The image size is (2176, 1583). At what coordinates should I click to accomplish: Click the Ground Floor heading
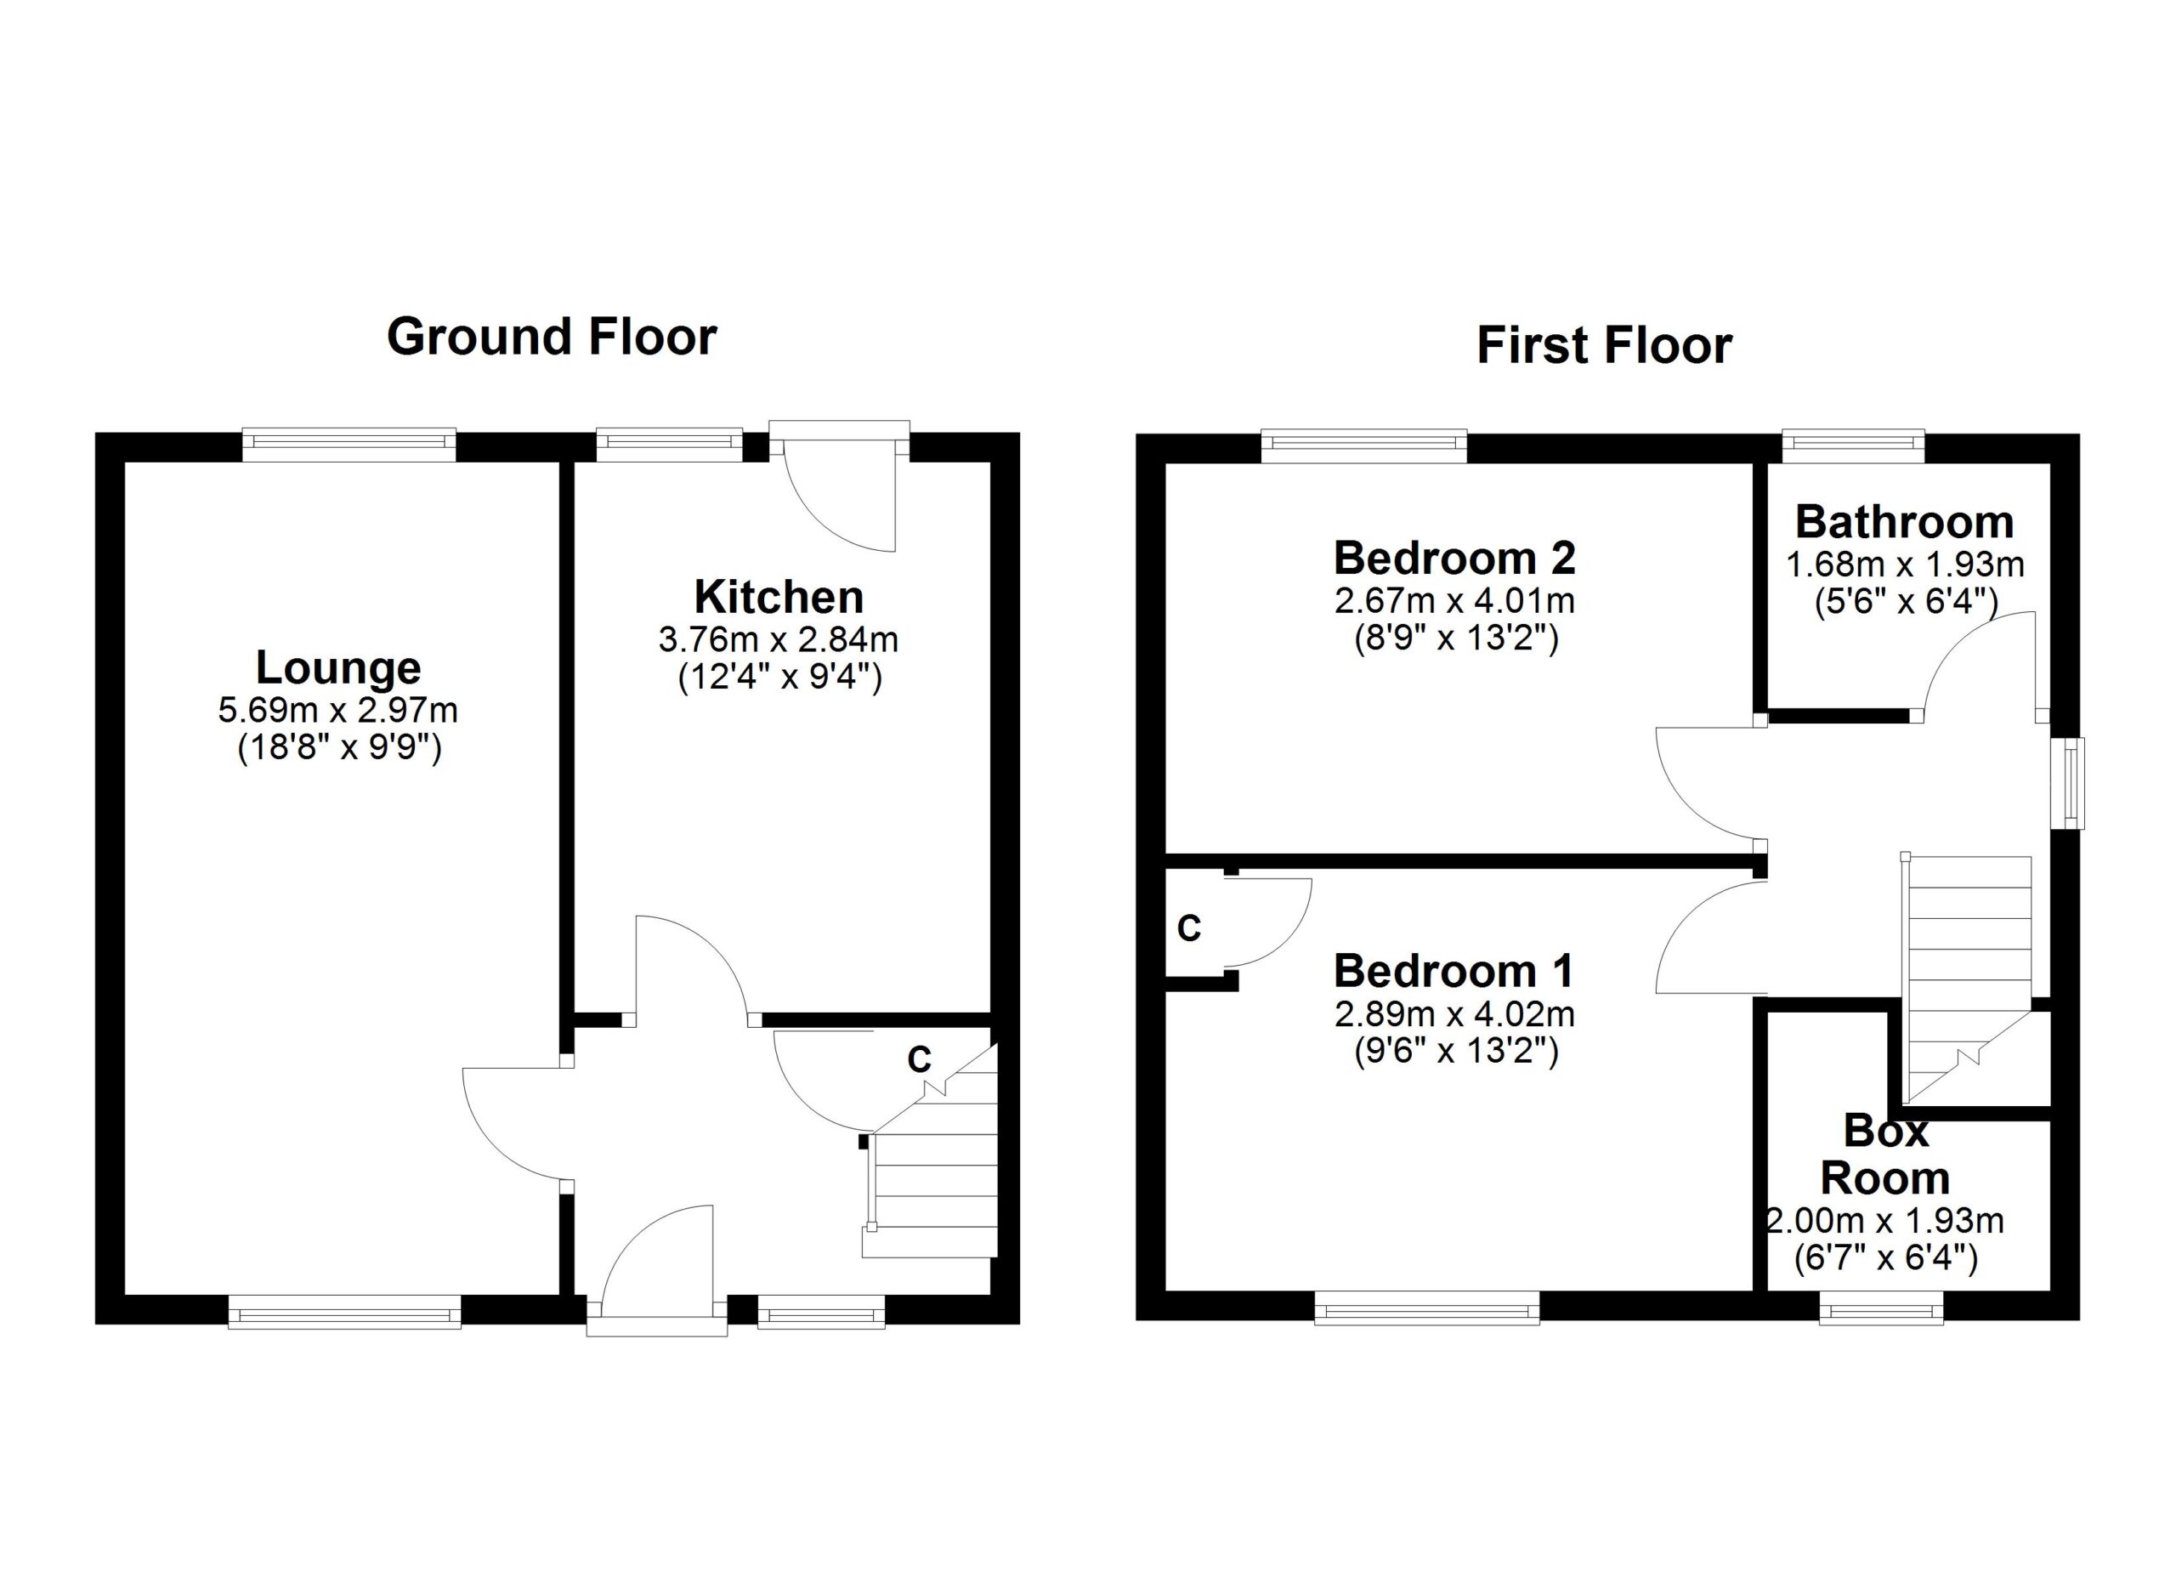click(552, 337)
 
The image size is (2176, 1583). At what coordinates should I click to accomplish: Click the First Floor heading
click(1603, 345)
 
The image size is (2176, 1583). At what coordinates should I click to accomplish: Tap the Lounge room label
click(337, 667)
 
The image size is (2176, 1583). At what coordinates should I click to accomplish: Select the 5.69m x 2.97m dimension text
click(337, 710)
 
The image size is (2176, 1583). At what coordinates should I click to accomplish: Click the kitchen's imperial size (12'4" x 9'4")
click(779, 678)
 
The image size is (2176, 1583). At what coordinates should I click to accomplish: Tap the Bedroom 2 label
click(1454, 558)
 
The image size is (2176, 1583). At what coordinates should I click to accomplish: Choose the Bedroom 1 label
click(1454, 971)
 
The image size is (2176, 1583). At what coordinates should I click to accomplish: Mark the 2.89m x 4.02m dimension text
click(1454, 1014)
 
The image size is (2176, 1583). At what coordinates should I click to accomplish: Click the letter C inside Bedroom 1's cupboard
click(1189, 928)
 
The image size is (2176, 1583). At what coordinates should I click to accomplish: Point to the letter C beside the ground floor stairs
click(919, 1060)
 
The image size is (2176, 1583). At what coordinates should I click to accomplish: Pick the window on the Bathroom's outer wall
click(1854, 444)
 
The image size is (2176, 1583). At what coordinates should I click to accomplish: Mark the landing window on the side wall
click(2075, 783)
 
